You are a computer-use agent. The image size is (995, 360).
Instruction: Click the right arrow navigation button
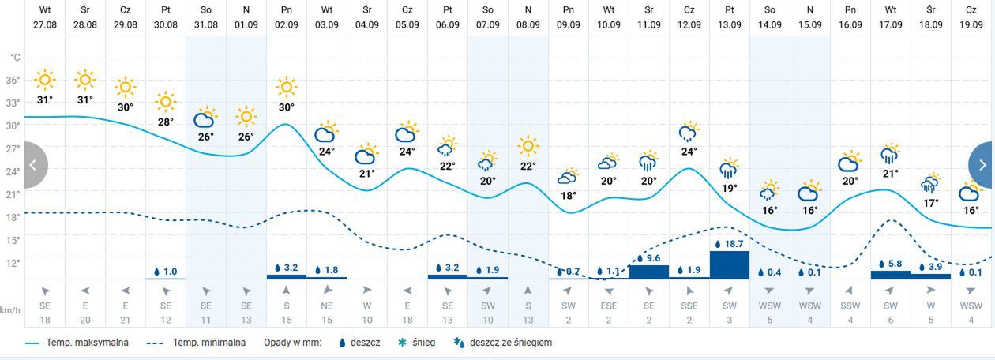pos(982,165)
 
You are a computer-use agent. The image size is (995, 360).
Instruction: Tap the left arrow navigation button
pos(34,165)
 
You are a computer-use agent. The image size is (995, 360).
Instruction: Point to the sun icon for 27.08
pos(45,80)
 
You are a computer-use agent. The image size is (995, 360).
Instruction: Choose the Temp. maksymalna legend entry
pos(77,343)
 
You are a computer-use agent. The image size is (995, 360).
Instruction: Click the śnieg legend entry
pos(422,343)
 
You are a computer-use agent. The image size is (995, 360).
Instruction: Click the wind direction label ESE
pos(608,306)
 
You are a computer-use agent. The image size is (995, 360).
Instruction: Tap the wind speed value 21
pos(125,319)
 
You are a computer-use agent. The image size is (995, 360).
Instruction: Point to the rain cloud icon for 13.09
pos(729,169)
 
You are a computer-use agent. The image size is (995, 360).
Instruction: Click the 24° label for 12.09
pos(689,152)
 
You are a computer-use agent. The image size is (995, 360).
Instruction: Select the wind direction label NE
pos(326,306)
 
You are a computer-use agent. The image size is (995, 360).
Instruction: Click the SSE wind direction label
pos(689,306)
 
